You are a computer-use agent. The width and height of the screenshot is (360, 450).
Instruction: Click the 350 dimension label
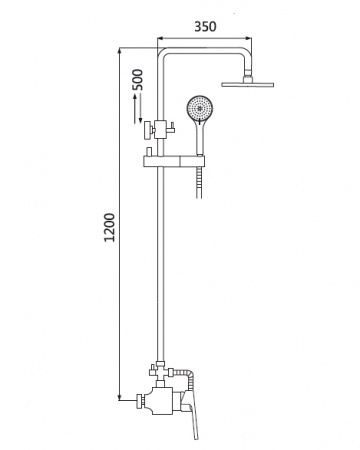[x=205, y=27]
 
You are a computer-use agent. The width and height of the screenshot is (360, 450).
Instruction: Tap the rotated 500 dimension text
[x=137, y=79]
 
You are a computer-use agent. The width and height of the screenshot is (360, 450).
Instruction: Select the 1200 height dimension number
[x=109, y=228]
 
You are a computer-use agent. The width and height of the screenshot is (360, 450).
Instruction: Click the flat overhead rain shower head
[x=248, y=84]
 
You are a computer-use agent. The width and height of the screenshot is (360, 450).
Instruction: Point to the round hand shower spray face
[x=199, y=108]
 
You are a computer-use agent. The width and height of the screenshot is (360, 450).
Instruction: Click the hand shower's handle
[x=199, y=138]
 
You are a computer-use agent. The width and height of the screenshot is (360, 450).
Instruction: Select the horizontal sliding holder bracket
[x=174, y=161]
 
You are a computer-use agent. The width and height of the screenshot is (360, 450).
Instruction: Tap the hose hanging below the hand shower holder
[x=199, y=182]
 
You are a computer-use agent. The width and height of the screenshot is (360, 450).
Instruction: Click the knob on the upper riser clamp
[x=147, y=130]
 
